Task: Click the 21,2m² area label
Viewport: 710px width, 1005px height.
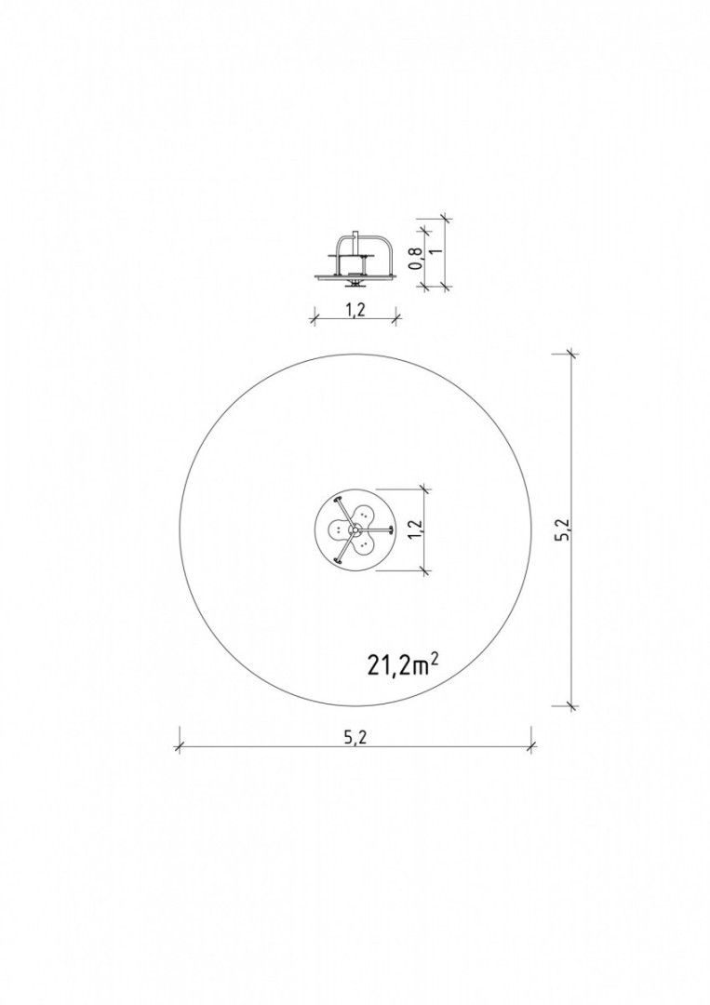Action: click(403, 664)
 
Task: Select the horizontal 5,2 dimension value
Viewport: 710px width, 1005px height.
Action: click(355, 738)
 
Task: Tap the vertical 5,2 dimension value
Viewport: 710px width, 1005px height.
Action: click(563, 529)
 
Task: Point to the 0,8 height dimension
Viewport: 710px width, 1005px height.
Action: click(417, 259)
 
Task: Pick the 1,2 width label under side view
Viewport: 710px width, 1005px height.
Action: click(355, 310)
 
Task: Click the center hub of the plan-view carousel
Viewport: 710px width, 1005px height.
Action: click(353, 530)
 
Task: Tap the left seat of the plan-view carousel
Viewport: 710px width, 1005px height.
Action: click(337, 529)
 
